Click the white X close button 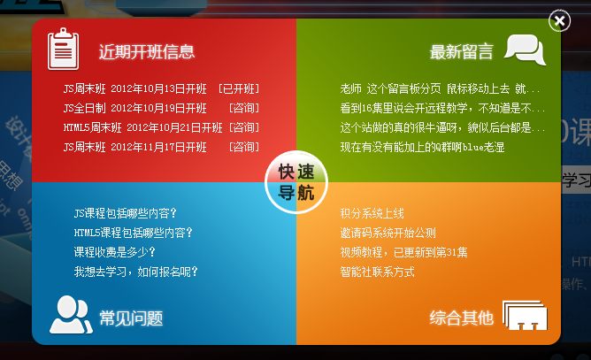point(559,20)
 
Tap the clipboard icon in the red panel point(64,49)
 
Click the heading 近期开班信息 point(147,51)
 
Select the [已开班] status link point(239,89)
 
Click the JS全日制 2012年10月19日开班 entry point(135,108)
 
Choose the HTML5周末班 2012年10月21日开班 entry point(142,127)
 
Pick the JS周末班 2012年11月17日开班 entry point(135,147)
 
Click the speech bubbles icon point(526,50)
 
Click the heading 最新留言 point(461,51)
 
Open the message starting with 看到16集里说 point(442,109)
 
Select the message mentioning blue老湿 point(422,147)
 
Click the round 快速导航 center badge point(296,182)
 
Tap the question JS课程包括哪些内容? point(125,213)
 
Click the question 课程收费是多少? point(115,252)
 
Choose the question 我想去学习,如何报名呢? point(135,272)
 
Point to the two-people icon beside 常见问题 point(71,315)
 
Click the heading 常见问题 point(131,318)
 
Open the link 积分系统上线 point(372,213)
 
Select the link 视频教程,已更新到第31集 point(403,252)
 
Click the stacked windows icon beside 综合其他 point(525,315)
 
